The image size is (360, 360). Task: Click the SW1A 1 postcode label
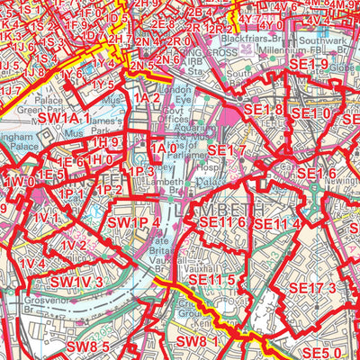click(65, 118)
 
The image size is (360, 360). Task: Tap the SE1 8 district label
click(263, 110)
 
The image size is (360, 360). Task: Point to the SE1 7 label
click(226, 148)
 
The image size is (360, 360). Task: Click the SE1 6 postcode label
click(316, 173)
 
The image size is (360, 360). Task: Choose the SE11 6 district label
click(222, 222)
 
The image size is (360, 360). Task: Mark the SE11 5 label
click(217, 281)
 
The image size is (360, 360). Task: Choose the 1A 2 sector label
click(147, 97)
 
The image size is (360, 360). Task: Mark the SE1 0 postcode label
click(312, 114)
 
